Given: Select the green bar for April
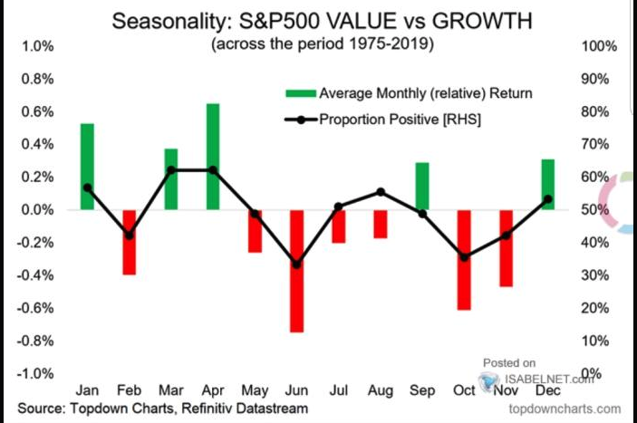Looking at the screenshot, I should coord(212,157).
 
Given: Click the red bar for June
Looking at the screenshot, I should coord(296,271).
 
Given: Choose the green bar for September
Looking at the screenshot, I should coord(422,187).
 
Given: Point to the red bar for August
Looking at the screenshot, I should coord(381,224).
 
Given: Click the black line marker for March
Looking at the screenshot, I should coord(171,170).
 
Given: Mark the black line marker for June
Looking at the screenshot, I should coord(296,264).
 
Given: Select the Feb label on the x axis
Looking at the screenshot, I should coord(129,391).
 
